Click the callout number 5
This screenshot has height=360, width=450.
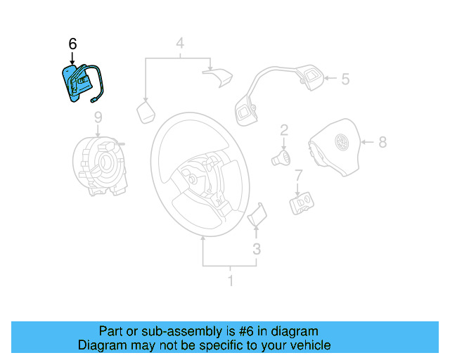click(x=345, y=79)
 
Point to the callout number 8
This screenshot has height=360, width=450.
click(x=382, y=143)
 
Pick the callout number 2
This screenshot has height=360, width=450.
click(x=284, y=129)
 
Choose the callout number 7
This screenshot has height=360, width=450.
click(x=298, y=175)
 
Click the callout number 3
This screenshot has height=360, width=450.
click(x=257, y=248)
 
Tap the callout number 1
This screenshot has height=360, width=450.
click(x=229, y=282)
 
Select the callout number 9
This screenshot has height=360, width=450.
click(x=98, y=117)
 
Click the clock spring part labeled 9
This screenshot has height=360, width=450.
click(x=99, y=165)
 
